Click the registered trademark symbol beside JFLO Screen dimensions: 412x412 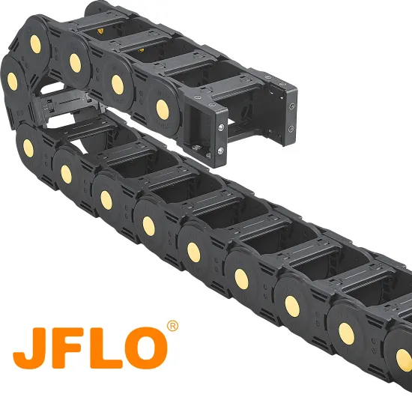click(172, 327)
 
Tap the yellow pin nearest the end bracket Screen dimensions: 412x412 click(162, 108)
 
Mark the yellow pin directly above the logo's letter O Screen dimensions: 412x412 click(148, 227)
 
